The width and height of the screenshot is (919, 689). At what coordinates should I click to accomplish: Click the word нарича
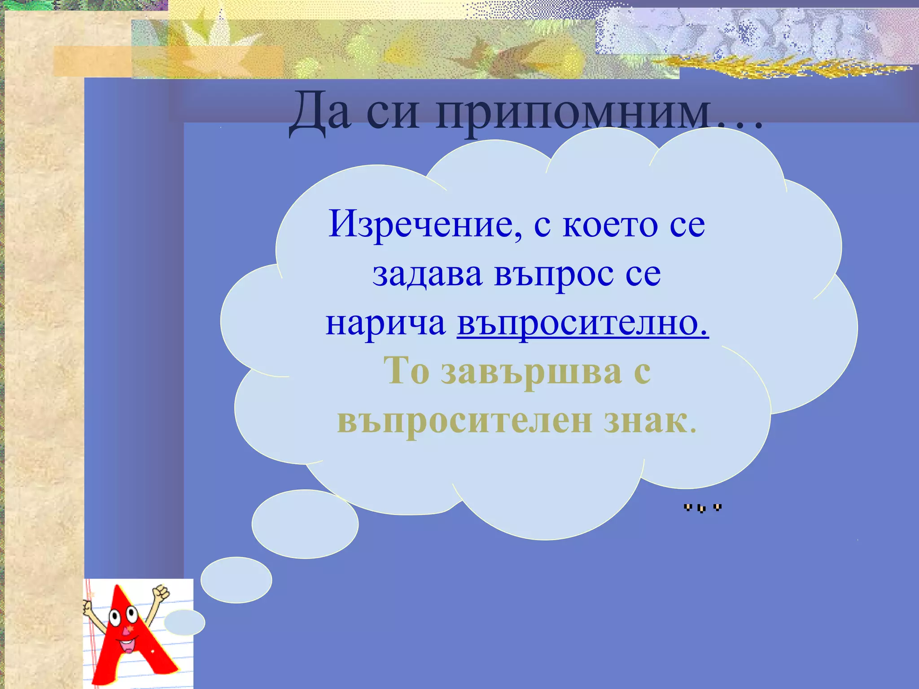coord(385,323)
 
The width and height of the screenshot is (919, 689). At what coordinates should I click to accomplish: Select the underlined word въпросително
coord(582,323)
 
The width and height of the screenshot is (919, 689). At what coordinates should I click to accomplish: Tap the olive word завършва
coord(531,371)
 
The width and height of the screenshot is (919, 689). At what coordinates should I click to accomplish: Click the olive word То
coord(407,371)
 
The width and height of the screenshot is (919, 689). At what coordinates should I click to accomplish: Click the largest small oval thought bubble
coord(305,524)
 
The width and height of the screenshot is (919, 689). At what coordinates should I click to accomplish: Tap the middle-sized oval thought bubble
coord(236,580)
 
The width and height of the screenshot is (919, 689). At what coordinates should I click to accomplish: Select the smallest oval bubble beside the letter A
coord(184,623)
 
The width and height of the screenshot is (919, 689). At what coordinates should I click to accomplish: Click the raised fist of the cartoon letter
coord(161,592)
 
